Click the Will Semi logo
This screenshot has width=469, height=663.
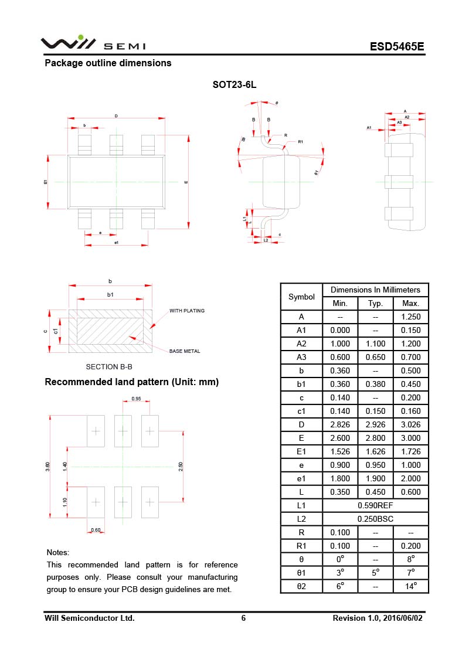pyautogui.click(x=93, y=44)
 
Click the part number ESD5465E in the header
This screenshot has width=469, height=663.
pyautogui.click(x=397, y=47)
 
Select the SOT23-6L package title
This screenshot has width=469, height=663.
pyautogui.click(x=235, y=85)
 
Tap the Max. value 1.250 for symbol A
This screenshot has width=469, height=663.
pyautogui.click(x=410, y=317)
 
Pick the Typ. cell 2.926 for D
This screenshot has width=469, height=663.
pyautogui.click(x=375, y=424)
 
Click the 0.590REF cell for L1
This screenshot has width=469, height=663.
pyautogui.click(x=375, y=505)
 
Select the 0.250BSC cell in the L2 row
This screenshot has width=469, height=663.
pyautogui.click(x=375, y=519)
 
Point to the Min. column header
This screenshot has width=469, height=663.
pyautogui.click(x=340, y=303)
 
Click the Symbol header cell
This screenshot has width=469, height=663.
pyautogui.click(x=301, y=297)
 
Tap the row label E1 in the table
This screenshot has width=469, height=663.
pyautogui.click(x=301, y=451)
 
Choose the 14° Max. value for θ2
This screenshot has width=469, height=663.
pyautogui.click(x=410, y=586)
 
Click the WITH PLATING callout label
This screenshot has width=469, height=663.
pyautogui.click(x=187, y=311)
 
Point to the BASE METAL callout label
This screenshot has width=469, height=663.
pyautogui.click(x=185, y=351)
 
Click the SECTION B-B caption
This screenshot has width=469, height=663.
pyautogui.click(x=109, y=367)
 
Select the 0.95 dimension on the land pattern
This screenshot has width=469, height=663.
pyautogui.click(x=136, y=399)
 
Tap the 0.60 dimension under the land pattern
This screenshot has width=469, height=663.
pyautogui.click(x=96, y=531)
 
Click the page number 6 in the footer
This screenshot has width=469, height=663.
pyautogui.click(x=243, y=618)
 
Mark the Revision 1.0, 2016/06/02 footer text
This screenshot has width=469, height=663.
pyautogui.click(x=377, y=618)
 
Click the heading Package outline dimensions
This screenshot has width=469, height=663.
pyautogui.click(x=108, y=63)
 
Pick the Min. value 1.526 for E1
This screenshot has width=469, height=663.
pyautogui.click(x=340, y=451)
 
